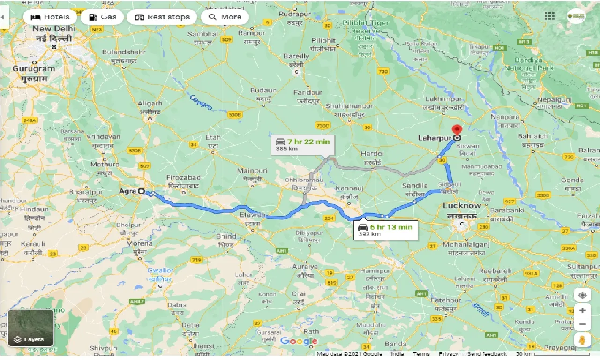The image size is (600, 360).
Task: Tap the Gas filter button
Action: point(102,17)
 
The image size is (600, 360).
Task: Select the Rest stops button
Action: point(162,17)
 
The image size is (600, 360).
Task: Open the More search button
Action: point(225,17)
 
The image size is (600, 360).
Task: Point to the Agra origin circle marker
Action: point(141,191)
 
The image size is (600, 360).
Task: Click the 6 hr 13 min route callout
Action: point(385,230)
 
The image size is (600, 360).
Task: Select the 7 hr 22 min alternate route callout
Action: point(303,145)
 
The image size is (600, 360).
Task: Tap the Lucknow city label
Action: point(462,206)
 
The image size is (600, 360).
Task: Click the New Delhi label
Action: point(54,29)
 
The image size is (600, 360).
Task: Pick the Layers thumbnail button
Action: point(31,328)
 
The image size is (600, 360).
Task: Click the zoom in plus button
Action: point(582,310)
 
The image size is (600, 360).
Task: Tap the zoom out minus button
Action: point(582,324)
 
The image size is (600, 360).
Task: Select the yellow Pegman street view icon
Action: point(582,340)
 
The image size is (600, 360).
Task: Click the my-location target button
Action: point(582,295)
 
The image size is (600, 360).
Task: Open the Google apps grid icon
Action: point(549,16)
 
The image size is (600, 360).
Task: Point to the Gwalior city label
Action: point(160,270)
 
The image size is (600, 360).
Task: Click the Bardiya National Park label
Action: point(528,64)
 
